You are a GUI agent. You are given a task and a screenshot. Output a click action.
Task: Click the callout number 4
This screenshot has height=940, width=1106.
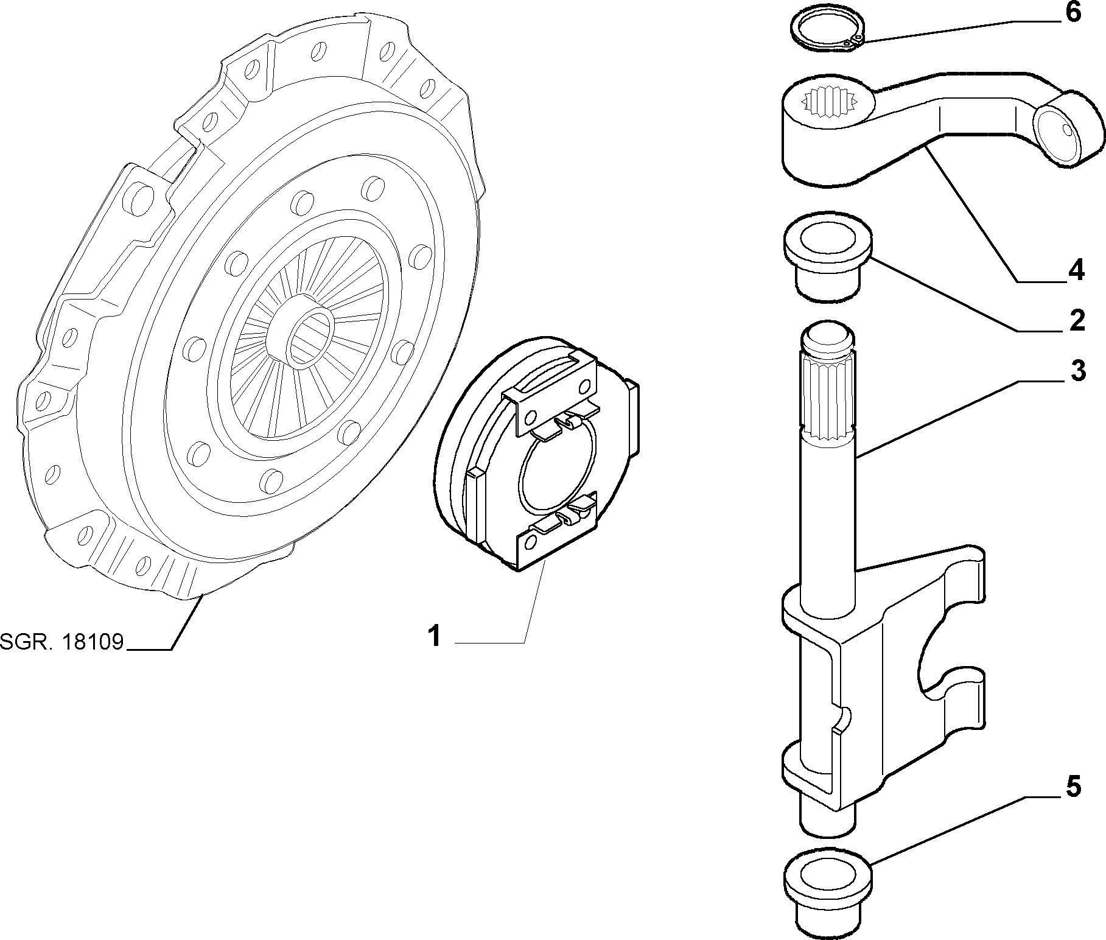pyautogui.click(x=1076, y=270)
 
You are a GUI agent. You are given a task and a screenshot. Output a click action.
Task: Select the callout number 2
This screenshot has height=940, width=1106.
pyautogui.click(x=1076, y=321)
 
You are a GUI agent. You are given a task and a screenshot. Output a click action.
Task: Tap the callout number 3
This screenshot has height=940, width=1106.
pyautogui.click(x=1077, y=370)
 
